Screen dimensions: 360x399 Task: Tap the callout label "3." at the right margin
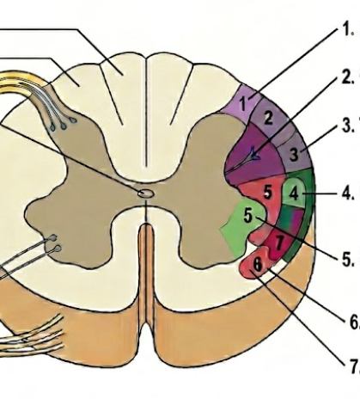click(x=349, y=126)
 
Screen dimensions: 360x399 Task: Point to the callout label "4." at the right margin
click(x=348, y=193)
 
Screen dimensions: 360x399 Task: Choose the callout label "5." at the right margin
click(x=349, y=260)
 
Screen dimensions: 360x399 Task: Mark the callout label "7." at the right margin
click(x=353, y=366)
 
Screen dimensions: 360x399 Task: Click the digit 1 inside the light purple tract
click(x=243, y=104)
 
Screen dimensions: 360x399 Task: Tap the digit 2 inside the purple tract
click(x=268, y=118)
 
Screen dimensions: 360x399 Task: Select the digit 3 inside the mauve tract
click(x=294, y=154)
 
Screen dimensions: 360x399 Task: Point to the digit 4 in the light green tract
click(x=294, y=193)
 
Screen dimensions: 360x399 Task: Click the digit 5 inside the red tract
click(x=267, y=192)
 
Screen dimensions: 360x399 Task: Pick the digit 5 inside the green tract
click(x=248, y=215)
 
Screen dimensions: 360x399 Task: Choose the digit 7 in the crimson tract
click(x=279, y=242)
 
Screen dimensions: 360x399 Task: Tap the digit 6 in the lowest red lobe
click(x=258, y=264)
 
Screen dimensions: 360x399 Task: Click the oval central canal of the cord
click(x=146, y=193)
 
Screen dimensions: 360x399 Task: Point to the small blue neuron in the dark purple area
click(x=254, y=154)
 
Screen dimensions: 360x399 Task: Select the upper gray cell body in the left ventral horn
click(x=53, y=237)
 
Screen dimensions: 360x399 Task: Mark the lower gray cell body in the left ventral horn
click(x=58, y=249)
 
